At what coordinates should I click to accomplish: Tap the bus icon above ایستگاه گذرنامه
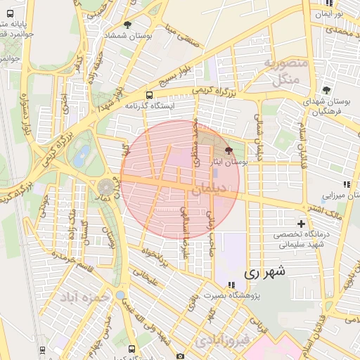(x=149, y=95)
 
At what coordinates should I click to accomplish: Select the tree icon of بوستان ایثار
(x=229, y=150)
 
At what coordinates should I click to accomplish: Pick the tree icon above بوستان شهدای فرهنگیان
(x=326, y=90)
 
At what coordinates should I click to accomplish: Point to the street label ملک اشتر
(x=323, y=210)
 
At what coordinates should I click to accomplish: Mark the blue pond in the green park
(x=84, y=154)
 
